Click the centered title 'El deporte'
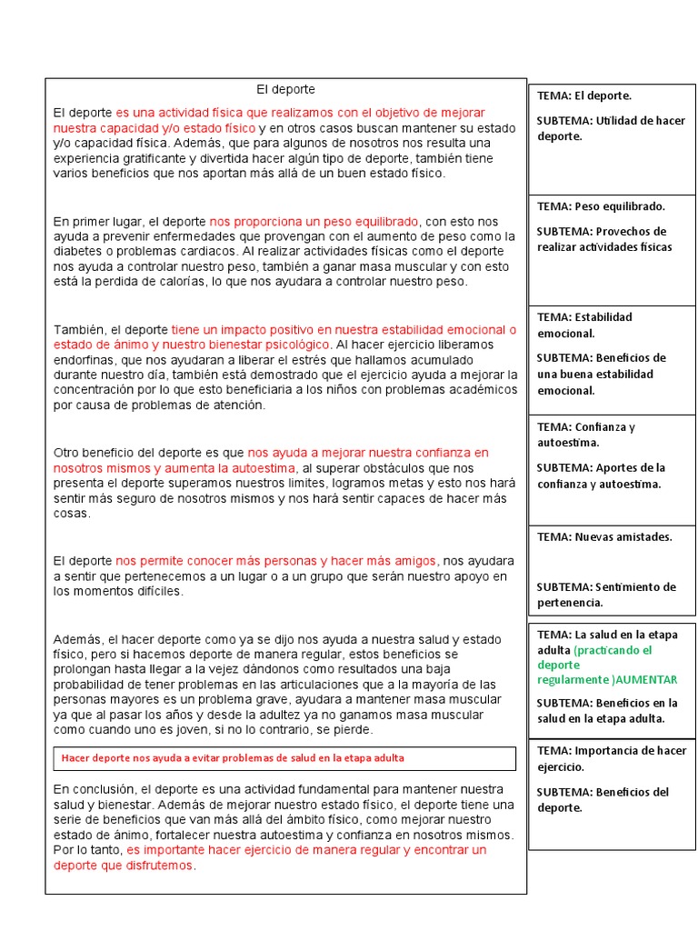click(x=285, y=89)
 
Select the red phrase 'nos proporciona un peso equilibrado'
click(x=314, y=221)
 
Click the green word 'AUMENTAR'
click(x=647, y=680)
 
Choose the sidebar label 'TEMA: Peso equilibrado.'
click(x=601, y=206)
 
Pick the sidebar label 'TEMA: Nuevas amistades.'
click(x=604, y=536)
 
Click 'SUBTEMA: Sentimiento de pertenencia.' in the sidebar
click(x=605, y=595)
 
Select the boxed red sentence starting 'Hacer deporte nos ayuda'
click(x=233, y=757)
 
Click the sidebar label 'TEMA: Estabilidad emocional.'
click(x=584, y=325)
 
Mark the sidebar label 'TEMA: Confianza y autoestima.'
click(x=586, y=434)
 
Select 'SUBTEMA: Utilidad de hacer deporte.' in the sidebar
click(x=610, y=128)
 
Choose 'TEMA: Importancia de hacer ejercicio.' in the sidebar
click(x=611, y=758)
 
